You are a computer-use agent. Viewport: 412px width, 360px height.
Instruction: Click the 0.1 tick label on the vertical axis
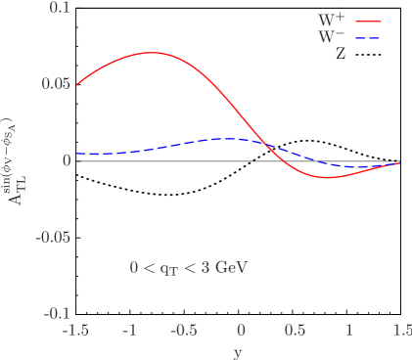coord(59,8)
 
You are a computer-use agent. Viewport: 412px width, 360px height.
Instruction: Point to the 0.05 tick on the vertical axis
coord(55,84)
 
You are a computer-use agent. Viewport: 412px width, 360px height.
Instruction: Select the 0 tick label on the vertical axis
coord(67,160)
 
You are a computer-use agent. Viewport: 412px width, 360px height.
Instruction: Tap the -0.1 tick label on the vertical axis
coord(56,314)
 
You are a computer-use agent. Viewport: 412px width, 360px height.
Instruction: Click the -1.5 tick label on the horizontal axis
coord(74,331)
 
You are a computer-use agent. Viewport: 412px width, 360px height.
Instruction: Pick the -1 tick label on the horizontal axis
coord(128,331)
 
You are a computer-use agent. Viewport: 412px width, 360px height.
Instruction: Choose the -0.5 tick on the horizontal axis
coord(182,331)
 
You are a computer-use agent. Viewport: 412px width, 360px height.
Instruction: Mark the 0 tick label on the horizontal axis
coord(239,331)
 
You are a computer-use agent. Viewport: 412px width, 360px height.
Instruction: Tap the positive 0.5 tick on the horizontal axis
coord(293,331)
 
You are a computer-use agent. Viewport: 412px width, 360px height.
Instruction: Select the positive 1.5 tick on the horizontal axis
coord(400,331)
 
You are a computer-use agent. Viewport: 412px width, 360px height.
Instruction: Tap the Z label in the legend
coord(341,55)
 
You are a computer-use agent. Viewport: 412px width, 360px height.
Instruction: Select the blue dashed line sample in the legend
coord(368,38)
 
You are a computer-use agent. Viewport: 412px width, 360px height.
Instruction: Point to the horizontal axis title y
coord(238,351)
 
